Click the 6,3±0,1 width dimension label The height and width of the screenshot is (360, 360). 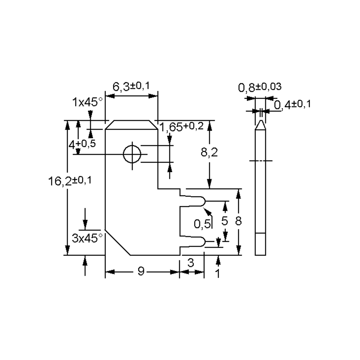tap(131, 87)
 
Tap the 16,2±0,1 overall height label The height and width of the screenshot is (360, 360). tap(70, 181)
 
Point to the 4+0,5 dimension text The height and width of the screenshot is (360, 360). tap(82, 144)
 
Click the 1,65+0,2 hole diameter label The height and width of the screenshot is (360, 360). tap(181, 127)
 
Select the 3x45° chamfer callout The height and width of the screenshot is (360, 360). tap(87, 238)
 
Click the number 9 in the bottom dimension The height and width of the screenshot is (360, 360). tap(141, 271)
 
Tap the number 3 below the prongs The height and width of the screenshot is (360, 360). tap(191, 263)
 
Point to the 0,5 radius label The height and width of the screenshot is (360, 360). tap(202, 223)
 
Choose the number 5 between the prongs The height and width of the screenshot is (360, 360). tap(224, 221)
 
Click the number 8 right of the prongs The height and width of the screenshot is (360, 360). tap(238, 221)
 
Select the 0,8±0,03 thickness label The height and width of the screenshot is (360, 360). tap(260, 87)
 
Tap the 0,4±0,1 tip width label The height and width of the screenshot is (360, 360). tap(292, 105)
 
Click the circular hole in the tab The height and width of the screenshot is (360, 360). tap(132, 154)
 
